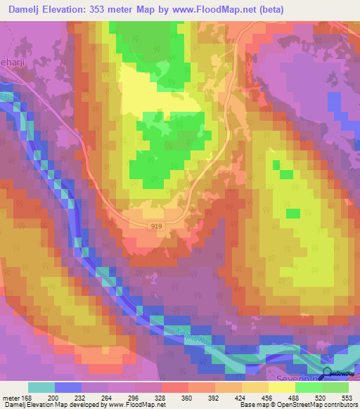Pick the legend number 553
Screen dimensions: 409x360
point(345,397)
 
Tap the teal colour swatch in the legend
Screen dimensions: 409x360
point(41,387)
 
